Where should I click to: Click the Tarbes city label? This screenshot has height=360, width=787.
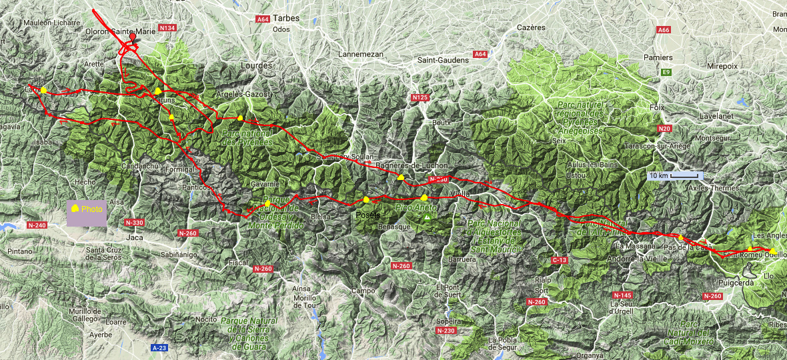click(286, 18)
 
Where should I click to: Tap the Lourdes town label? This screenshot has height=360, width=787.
click(259, 65)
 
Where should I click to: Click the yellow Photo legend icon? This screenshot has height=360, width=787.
click(75, 209)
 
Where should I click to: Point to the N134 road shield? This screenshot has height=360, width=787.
click(168, 28)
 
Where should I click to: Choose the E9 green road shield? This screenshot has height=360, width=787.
click(666, 72)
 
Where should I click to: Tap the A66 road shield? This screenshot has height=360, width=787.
click(663, 30)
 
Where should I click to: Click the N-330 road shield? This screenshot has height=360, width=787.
click(135, 222)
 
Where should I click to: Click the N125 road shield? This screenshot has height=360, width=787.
click(419, 98)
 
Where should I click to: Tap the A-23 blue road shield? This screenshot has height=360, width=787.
click(159, 348)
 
